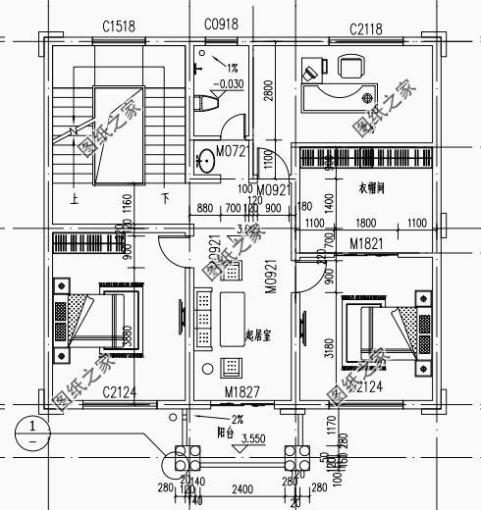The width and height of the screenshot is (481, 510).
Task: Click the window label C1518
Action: click(x=118, y=22)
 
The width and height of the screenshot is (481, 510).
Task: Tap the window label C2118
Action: click(x=368, y=22)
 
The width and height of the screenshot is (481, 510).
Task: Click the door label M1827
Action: click(x=240, y=393)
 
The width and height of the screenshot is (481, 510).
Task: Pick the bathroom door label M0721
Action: click(x=232, y=153)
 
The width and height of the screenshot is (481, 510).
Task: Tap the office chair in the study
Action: click(x=350, y=67)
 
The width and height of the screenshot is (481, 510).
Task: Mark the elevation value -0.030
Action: click(x=232, y=84)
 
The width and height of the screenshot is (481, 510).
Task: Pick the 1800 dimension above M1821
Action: click(x=365, y=224)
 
